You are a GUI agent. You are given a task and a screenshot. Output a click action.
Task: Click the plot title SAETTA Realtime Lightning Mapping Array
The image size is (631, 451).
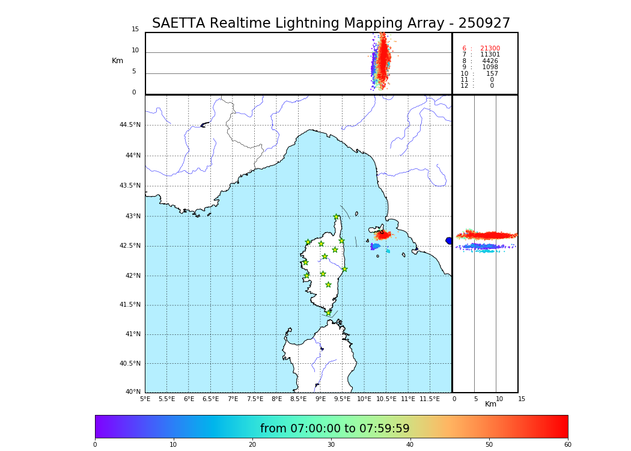click(x=331, y=23)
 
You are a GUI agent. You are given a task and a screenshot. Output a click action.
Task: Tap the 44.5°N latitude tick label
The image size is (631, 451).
click(x=130, y=125)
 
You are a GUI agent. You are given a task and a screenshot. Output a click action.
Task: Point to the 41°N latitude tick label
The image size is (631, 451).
click(x=132, y=334)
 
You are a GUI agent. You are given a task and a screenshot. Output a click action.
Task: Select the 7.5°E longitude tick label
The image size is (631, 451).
click(x=255, y=399)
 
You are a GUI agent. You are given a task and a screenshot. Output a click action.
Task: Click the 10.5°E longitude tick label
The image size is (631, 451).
click(x=386, y=399)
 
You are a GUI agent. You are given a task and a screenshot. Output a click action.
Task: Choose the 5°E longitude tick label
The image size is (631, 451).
click(x=145, y=399)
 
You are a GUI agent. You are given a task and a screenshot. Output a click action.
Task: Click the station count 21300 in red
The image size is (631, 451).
click(x=490, y=49)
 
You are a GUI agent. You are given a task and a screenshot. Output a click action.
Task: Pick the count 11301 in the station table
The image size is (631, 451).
click(x=490, y=55)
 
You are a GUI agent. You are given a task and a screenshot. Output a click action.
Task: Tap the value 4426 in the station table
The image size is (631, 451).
click(x=490, y=61)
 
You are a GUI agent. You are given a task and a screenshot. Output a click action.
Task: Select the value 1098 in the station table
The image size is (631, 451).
click(x=490, y=67)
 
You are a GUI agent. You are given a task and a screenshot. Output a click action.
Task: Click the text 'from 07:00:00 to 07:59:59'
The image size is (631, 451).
click(x=335, y=429)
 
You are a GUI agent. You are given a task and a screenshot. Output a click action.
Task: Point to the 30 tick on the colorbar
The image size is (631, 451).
click(x=331, y=444)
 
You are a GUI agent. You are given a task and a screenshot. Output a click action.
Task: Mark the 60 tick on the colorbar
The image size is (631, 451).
click(x=567, y=444)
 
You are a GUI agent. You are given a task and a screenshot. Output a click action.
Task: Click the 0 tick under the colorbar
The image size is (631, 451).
click(x=95, y=444)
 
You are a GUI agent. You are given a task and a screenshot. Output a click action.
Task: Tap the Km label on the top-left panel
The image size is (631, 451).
click(x=117, y=61)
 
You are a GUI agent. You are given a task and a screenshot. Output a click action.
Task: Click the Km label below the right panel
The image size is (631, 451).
click(x=490, y=404)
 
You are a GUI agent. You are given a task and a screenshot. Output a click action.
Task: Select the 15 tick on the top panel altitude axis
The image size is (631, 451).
click(x=135, y=29)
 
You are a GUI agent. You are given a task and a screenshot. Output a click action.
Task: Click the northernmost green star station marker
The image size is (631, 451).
click(x=337, y=217)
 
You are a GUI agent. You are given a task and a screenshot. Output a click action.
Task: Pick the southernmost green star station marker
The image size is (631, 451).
click(x=328, y=313)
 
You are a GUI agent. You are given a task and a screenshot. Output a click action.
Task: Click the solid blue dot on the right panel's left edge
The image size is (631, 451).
click(x=449, y=241)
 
